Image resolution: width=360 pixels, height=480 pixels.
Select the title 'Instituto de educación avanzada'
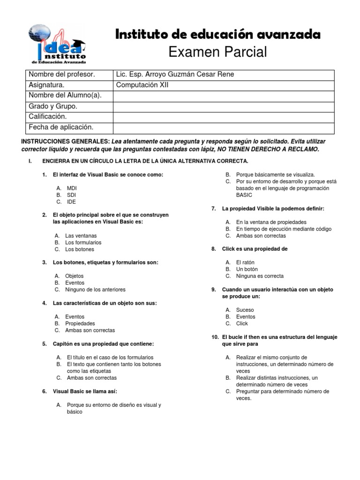[218, 34]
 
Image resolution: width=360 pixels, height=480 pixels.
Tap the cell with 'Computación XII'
[142, 85]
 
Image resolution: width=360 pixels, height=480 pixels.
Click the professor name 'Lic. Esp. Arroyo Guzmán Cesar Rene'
[175, 75]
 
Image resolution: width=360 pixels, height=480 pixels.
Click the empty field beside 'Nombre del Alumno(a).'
[224, 96]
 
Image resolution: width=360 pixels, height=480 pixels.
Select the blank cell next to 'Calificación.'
[224, 117]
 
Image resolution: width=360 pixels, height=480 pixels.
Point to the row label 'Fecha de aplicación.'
[61, 127]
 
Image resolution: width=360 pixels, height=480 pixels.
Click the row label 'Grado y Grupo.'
[53, 106]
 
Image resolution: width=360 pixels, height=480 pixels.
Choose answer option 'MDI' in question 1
[72, 188]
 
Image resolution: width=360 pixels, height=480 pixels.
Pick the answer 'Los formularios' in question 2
[83, 242]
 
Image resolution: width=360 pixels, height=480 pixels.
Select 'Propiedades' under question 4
[80, 323]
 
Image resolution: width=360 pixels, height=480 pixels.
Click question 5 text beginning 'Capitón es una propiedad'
[103, 344]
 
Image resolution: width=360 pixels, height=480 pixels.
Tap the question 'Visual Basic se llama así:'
[85, 391]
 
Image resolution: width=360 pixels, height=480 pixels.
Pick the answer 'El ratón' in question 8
[245, 262]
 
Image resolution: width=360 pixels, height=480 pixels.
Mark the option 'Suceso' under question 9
[245, 310]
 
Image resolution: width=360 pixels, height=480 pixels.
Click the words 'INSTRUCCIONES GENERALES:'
[66, 141]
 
